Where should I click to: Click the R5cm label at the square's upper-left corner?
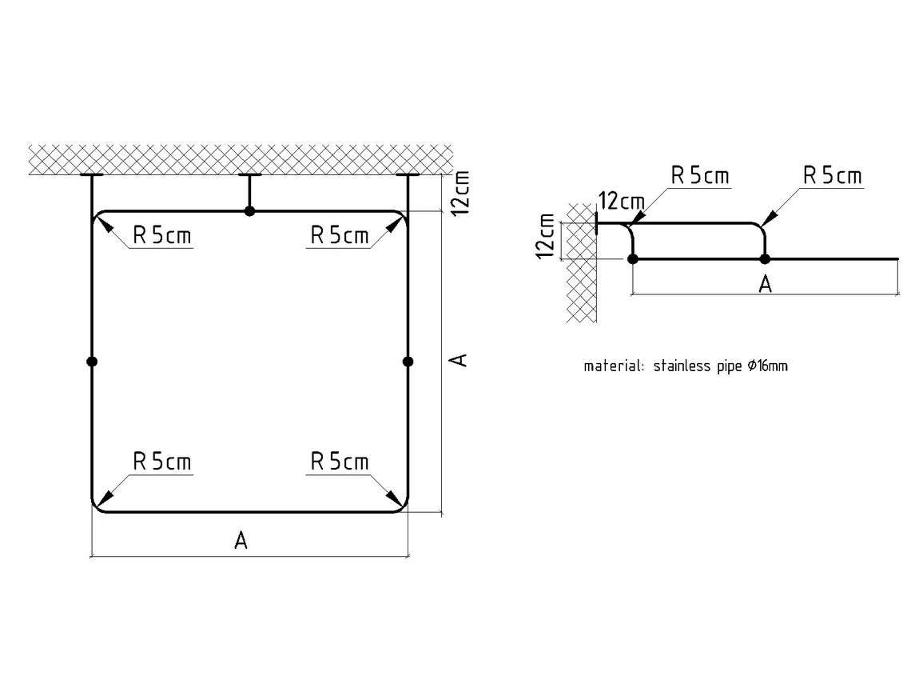tap(161, 236)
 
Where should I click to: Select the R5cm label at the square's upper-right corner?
tap(339, 236)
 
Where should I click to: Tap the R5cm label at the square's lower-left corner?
tap(161, 462)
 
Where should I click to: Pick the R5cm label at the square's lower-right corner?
tap(339, 462)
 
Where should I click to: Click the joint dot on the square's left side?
tap(92, 362)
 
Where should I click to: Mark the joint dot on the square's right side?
tap(408, 362)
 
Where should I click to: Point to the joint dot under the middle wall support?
tap(250, 211)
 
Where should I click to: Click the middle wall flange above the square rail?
tap(250, 175)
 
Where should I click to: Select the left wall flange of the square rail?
tap(92, 175)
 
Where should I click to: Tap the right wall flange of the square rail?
tap(408, 175)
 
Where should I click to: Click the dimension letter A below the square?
tap(241, 542)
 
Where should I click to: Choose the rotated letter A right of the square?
tap(459, 360)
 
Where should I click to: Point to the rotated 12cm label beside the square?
tap(460, 191)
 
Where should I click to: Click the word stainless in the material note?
tap(680, 367)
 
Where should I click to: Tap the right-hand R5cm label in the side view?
tap(833, 176)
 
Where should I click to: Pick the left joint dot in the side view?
tap(633, 258)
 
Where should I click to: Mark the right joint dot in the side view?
tap(765, 258)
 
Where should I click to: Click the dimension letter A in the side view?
tap(765, 284)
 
